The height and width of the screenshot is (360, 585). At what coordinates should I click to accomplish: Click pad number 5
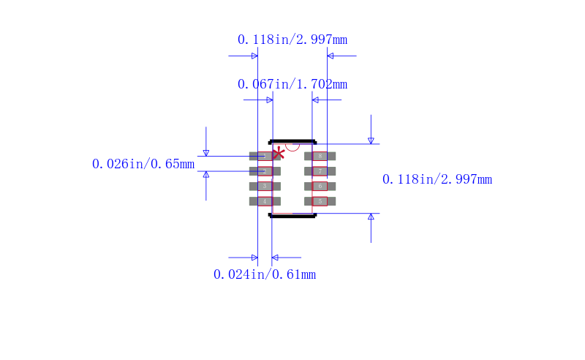tap(320, 201)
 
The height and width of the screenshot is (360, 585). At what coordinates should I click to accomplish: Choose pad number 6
tap(320, 186)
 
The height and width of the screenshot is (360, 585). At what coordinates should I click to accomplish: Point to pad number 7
tap(320, 171)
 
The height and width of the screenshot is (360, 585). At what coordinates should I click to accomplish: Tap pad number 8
tap(320, 156)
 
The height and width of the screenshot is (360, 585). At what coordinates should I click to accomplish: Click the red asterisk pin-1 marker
tap(279, 154)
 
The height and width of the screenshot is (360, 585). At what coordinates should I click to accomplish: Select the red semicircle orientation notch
tap(292, 146)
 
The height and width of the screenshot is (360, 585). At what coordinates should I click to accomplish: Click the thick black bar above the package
tap(292, 141)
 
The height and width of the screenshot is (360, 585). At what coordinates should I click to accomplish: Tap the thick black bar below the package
tap(292, 216)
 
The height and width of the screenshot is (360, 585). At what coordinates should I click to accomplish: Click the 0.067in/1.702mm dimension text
tap(292, 84)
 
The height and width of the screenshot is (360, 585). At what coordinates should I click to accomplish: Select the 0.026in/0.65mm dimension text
tap(143, 164)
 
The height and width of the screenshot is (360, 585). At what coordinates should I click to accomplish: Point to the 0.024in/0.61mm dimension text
tap(265, 274)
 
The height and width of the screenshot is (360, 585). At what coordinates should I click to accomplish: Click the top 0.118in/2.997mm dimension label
tap(292, 40)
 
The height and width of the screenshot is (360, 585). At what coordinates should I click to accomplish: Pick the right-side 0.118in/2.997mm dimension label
tap(437, 179)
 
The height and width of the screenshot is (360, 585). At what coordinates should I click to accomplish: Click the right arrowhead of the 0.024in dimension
tap(275, 258)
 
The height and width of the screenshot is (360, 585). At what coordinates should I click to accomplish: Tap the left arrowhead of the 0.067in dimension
tap(269, 100)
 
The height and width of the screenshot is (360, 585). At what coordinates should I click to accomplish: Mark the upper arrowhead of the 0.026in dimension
tap(206, 153)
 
